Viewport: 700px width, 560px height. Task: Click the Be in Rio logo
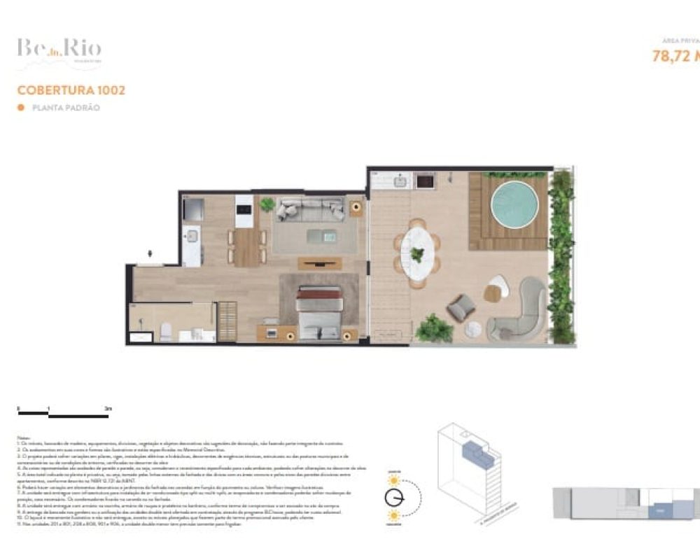59,50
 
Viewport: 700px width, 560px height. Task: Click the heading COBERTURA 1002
71,90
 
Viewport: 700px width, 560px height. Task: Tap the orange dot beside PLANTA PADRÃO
20,108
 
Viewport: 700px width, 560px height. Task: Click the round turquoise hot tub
514,202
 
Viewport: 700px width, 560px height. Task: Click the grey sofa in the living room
310,209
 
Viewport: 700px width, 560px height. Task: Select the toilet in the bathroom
166,330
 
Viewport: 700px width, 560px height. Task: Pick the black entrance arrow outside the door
149,255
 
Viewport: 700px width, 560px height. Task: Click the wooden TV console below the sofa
320,264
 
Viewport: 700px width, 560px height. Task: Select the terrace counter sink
401,181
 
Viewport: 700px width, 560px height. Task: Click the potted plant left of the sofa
267,205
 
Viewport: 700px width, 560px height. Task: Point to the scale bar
64,416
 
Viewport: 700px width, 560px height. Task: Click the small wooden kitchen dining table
246,247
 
